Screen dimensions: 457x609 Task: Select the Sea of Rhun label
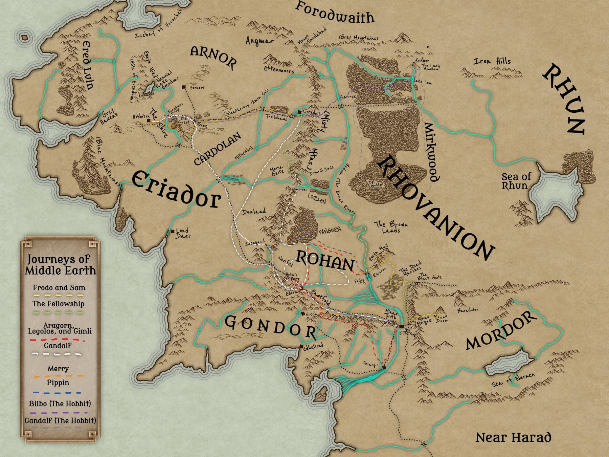coord(516,181)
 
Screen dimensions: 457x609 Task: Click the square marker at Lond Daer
coord(173,231)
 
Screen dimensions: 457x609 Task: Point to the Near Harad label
coord(513,437)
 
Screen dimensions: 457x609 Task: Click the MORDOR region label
coord(501,330)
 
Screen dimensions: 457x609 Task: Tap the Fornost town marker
coord(184,87)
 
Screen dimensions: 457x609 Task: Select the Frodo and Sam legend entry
coord(59,288)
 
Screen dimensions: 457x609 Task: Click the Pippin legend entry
coord(58,383)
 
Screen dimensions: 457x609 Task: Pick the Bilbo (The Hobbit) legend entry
coord(60,404)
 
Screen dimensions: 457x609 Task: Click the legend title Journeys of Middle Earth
coord(60,265)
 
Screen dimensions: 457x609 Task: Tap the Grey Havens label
coord(109,116)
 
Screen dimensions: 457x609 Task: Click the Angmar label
coord(260,41)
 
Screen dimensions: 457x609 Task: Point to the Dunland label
coord(253,212)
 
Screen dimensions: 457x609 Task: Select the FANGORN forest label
coord(330,231)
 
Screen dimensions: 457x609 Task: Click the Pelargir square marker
coord(384,367)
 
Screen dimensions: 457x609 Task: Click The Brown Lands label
coord(391,227)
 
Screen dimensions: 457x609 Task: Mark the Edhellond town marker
coord(301,347)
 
